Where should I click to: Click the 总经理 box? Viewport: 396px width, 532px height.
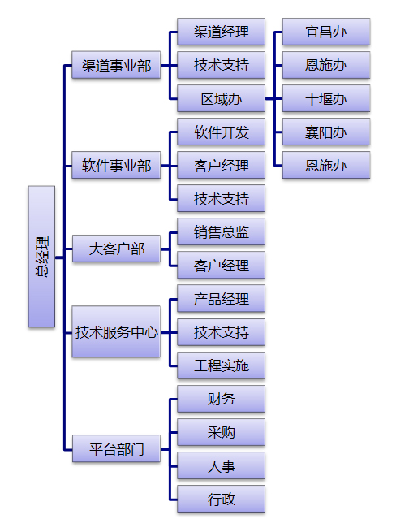coord(41,257)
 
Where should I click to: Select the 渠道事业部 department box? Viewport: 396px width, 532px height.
coord(116,65)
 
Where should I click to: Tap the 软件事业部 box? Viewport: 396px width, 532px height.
coord(116,165)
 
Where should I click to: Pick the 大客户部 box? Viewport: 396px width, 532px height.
coord(116,249)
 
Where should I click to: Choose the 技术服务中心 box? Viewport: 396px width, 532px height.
coord(116,331)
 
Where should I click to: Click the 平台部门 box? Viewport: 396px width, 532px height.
coord(116,448)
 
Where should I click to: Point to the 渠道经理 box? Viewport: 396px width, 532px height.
coord(221,32)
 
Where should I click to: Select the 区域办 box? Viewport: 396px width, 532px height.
coord(221,98)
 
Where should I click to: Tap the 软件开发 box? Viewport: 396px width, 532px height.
coord(221,132)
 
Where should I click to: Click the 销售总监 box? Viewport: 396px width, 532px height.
coord(221,231)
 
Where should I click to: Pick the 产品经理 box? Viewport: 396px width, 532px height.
coord(221,299)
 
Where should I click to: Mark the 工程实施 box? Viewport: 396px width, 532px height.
coord(221,365)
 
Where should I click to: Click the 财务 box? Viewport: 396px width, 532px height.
coord(221,399)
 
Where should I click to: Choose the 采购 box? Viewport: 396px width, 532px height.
coord(221,432)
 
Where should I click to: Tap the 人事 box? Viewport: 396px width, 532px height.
coord(221,465)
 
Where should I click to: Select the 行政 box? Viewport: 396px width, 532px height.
coord(221,499)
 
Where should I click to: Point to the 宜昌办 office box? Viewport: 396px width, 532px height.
coord(326,32)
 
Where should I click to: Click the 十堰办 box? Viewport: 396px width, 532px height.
coord(326,98)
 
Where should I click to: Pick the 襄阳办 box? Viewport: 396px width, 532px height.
coord(326,132)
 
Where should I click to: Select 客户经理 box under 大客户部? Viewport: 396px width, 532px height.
coord(221,265)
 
